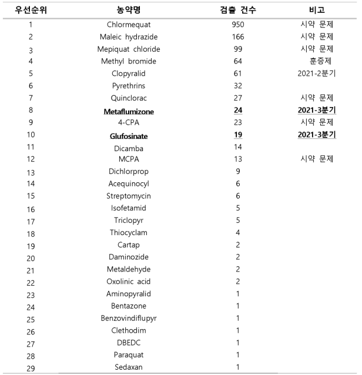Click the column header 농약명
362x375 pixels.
coord(128,11)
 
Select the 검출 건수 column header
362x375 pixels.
coord(237,11)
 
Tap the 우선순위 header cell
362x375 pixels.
coord(30,11)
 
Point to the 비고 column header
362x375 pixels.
coord(317,11)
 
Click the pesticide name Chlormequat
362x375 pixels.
coord(128,25)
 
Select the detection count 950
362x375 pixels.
coord(237,25)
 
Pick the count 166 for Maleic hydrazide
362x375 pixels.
coord(237,37)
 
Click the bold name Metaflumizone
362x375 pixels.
coord(128,111)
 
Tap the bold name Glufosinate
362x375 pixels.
coord(128,135)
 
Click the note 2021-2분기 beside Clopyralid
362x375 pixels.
coord(317,73)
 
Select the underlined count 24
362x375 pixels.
coord(237,111)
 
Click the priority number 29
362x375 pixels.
coord(31,368)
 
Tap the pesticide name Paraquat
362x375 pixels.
coord(128,354)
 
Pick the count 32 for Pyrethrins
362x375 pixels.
coord(237,86)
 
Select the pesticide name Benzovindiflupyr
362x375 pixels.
coord(128,318)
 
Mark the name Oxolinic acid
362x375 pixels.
coord(128,281)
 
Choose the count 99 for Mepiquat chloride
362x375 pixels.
coord(237,49)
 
